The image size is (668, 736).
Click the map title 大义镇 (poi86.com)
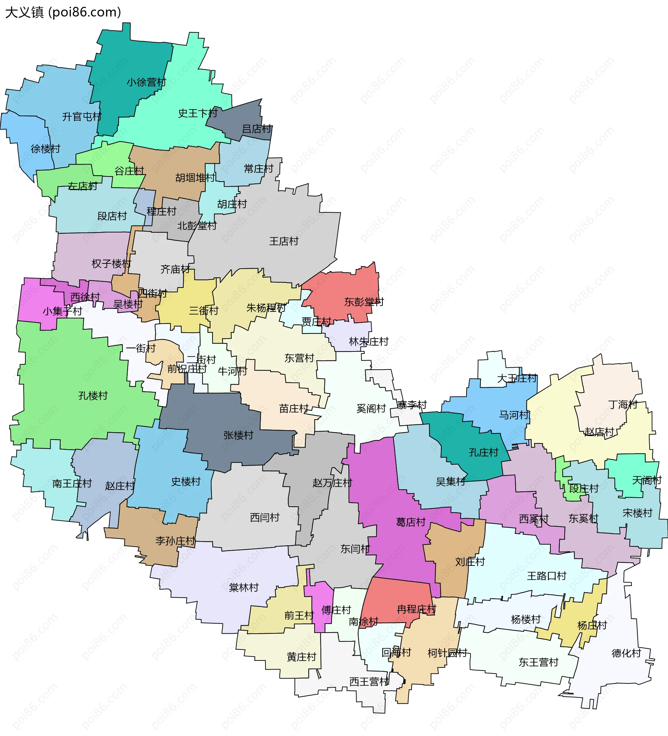(x=63, y=13)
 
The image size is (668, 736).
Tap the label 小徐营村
(x=146, y=82)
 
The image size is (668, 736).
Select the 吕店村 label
(x=257, y=129)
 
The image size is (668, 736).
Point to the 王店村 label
(x=284, y=241)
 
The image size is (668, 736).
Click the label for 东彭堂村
(x=364, y=302)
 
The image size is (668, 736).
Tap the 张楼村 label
(x=238, y=435)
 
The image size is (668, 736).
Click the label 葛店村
(x=411, y=522)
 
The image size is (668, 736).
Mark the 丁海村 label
(x=623, y=404)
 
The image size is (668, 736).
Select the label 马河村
(x=514, y=415)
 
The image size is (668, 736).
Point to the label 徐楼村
(x=45, y=149)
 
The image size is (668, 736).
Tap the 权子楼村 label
(x=111, y=263)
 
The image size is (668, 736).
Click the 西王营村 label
(x=369, y=682)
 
